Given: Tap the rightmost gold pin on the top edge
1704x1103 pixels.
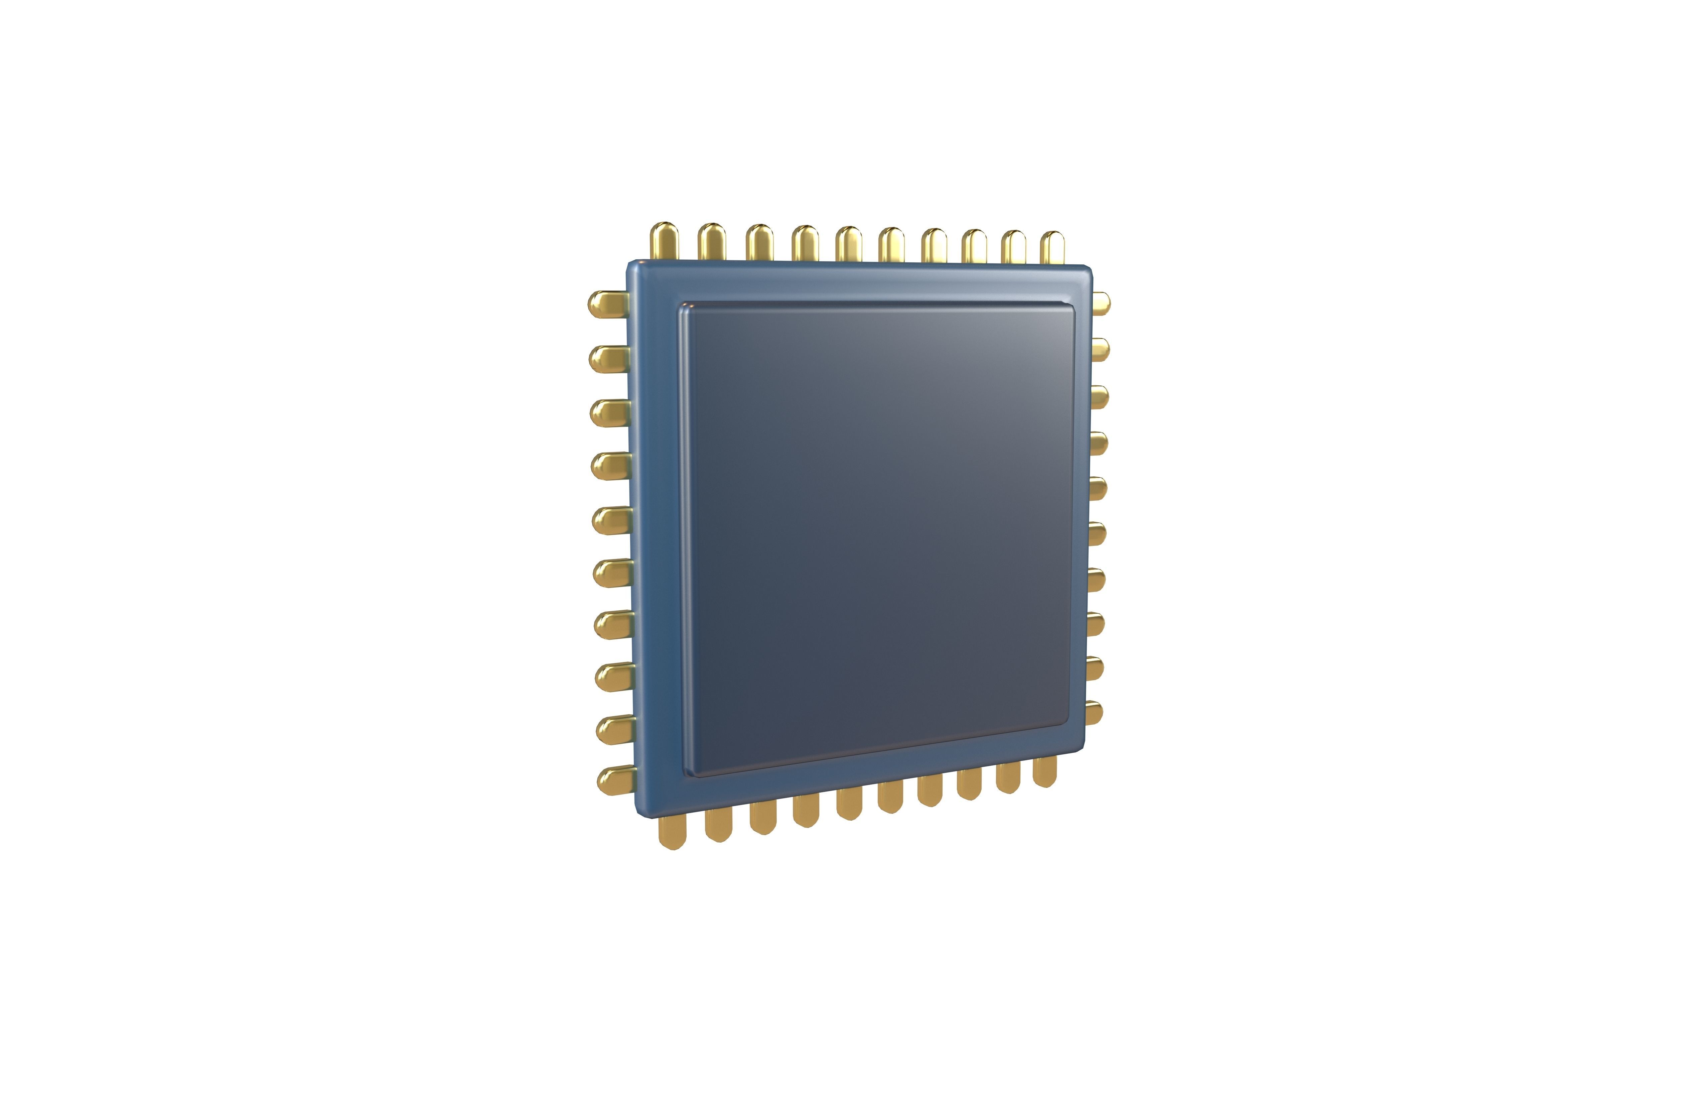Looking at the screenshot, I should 1052,247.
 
